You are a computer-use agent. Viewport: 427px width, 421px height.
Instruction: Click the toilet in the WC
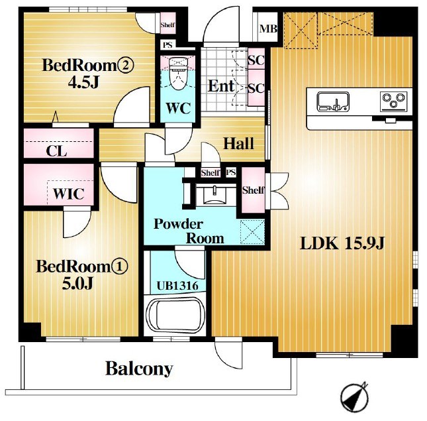[x=178, y=73]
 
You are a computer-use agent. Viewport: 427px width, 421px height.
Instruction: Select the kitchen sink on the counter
[x=333, y=101]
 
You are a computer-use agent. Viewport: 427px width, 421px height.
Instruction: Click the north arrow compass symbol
[x=354, y=396]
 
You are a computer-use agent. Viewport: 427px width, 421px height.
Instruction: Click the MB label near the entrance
[x=268, y=29]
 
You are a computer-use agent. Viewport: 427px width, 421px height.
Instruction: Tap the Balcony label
[x=139, y=369]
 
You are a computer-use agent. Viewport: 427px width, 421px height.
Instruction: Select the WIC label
[x=69, y=194]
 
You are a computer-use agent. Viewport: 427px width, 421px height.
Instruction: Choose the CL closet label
[x=56, y=150]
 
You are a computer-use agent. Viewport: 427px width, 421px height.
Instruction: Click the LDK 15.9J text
[x=342, y=243]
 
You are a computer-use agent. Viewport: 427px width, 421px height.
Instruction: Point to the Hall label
[x=238, y=143]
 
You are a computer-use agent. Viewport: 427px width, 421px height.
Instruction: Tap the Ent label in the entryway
[x=221, y=86]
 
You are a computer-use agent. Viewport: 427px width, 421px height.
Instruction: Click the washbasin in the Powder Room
[x=214, y=194]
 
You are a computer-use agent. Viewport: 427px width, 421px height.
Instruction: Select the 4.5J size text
[x=83, y=82]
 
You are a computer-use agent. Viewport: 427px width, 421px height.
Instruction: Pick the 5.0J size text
[x=77, y=283]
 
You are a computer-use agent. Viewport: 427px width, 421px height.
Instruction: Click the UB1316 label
[x=177, y=286]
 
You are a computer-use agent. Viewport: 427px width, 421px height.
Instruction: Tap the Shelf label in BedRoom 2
[x=167, y=25]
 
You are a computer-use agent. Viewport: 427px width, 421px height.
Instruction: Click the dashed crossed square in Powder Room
[x=252, y=232]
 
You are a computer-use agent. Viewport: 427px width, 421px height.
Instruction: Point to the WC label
[x=178, y=108]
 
